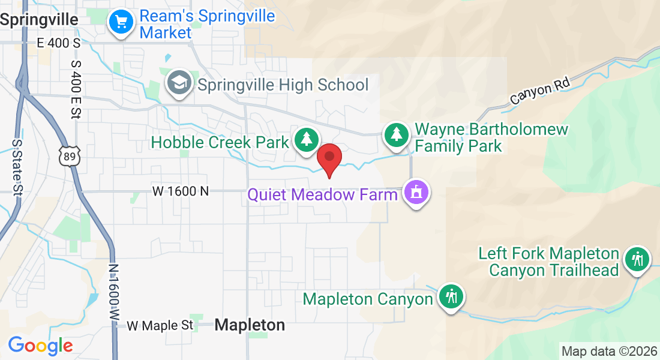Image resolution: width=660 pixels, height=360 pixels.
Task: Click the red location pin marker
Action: [x=329, y=158]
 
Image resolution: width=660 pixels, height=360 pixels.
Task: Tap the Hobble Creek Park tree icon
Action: [x=307, y=140]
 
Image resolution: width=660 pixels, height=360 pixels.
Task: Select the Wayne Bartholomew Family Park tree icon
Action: [x=396, y=134]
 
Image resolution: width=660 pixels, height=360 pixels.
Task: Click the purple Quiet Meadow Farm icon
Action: [x=415, y=193]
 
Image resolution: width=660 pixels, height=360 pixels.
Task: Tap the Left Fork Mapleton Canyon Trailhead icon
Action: [x=637, y=260]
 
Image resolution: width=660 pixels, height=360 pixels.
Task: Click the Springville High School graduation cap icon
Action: [x=179, y=83]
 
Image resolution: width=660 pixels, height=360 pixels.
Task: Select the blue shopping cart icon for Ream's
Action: [x=121, y=22]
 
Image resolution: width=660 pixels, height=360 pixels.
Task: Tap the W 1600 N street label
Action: [x=181, y=191]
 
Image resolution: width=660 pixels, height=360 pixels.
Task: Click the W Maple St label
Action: [x=160, y=326]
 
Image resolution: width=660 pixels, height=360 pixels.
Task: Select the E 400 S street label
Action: [x=58, y=43]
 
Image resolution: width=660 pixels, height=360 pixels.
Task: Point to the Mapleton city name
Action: [x=250, y=325]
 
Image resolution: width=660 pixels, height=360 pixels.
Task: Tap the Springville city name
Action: [x=40, y=20]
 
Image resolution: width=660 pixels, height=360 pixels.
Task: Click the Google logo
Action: [x=40, y=346]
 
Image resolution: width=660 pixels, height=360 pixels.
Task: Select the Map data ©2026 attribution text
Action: [x=608, y=351]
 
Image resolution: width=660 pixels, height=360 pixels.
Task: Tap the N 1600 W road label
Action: [x=114, y=294]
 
